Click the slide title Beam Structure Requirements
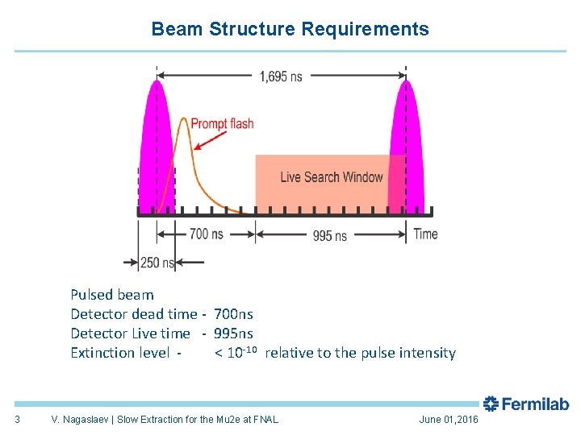pos(290,30)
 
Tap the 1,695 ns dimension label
pos(281,77)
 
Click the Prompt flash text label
pos(222,123)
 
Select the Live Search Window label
pos(331,177)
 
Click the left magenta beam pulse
pos(157,145)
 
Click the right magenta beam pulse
pos(401,145)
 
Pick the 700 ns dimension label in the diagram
pos(206,234)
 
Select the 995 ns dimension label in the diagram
pos(329,235)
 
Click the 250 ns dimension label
pos(157,263)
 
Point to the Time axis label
pos(425,234)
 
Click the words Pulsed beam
pos(111,295)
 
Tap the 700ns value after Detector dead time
pos(233,314)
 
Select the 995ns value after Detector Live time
pos(233,333)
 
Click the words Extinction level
pos(120,353)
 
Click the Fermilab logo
pos(525,404)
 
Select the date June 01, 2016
pos(449,420)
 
